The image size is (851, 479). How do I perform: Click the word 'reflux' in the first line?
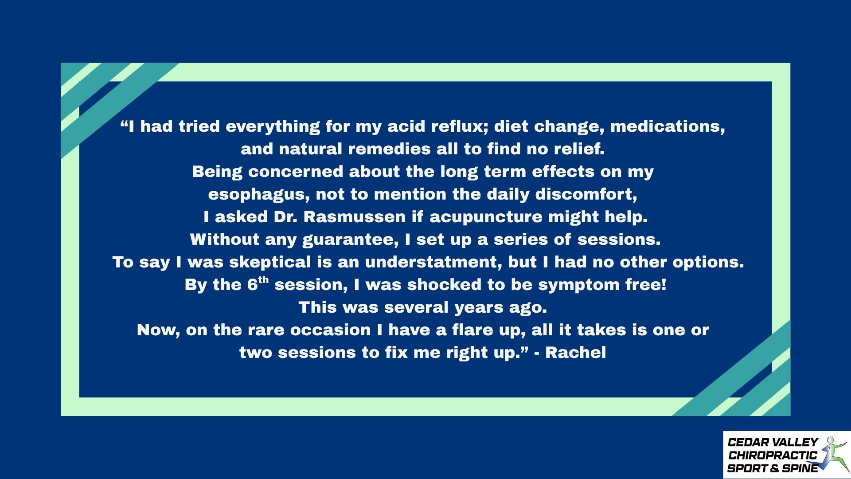tap(460, 126)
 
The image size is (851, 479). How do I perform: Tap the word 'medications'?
tap(668, 127)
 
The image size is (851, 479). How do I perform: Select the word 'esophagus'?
tap(258, 195)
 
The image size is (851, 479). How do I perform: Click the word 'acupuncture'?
tap(486, 217)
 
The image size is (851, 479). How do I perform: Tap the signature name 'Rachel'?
tap(575, 352)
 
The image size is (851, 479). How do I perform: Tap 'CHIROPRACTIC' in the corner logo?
tap(773, 455)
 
